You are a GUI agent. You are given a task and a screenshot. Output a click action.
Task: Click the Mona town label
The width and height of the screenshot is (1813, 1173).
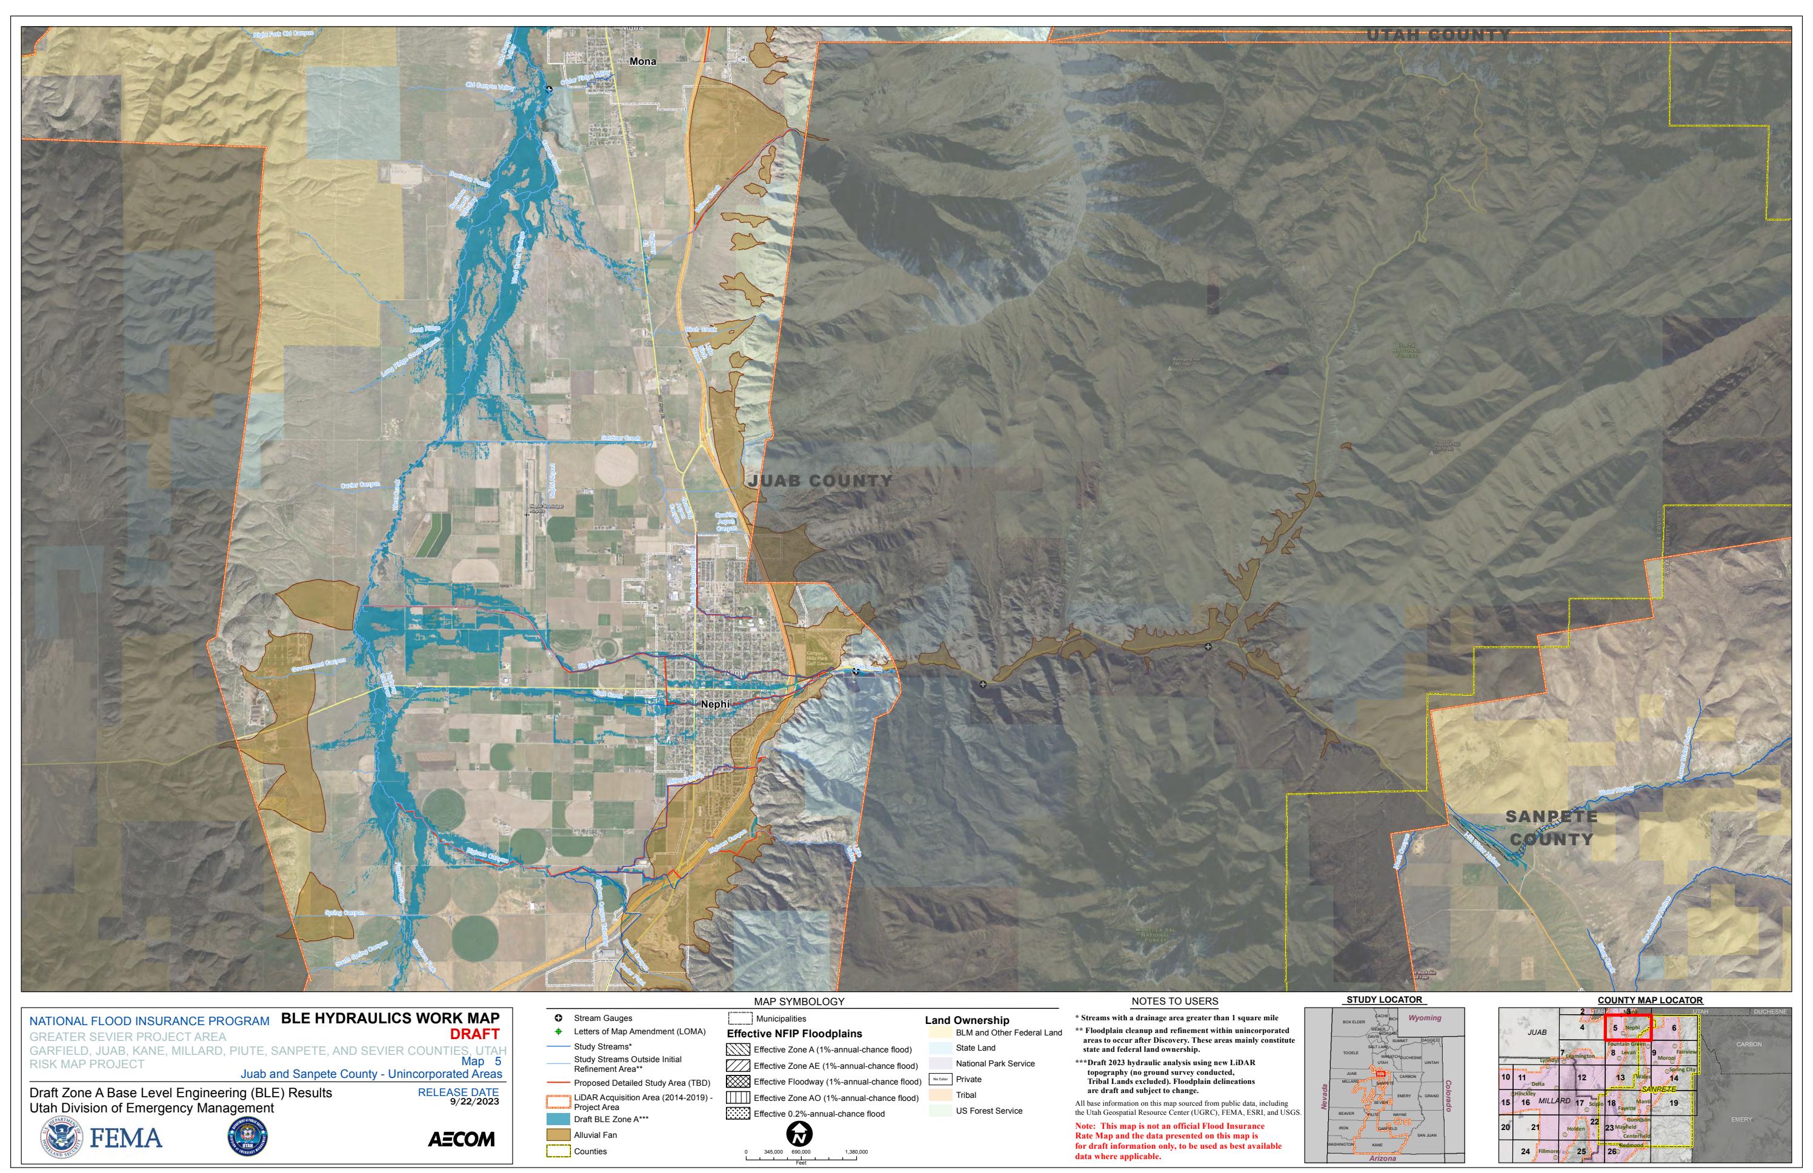[642, 62]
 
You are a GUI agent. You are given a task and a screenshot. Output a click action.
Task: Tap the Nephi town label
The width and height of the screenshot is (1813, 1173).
[714, 705]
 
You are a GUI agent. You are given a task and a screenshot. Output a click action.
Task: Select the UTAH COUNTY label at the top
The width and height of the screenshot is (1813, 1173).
[1437, 35]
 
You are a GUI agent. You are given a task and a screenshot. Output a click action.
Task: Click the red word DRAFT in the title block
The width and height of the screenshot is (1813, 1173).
[474, 1034]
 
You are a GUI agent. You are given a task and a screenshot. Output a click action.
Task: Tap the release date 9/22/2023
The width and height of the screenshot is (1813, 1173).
[474, 1102]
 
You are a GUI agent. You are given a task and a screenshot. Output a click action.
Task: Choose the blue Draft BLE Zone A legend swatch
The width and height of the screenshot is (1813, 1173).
[558, 1119]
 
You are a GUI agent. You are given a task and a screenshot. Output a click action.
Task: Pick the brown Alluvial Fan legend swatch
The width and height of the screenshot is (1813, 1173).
[558, 1135]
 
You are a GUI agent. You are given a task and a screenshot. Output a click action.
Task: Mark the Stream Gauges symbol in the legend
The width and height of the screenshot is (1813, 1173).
[558, 1018]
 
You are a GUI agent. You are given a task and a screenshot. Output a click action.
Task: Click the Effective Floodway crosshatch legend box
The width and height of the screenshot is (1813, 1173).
[739, 1082]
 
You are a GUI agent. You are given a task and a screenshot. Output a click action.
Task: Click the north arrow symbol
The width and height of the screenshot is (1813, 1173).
[800, 1135]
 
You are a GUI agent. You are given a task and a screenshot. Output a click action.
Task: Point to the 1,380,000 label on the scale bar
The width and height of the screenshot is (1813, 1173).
[856, 1152]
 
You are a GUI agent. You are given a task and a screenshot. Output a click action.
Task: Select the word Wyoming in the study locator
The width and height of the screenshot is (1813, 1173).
[1425, 1018]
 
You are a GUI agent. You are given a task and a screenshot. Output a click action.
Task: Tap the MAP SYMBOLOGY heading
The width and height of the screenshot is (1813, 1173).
[799, 1002]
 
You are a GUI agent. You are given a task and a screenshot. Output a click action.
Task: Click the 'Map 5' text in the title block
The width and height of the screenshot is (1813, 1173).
[481, 1061]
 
